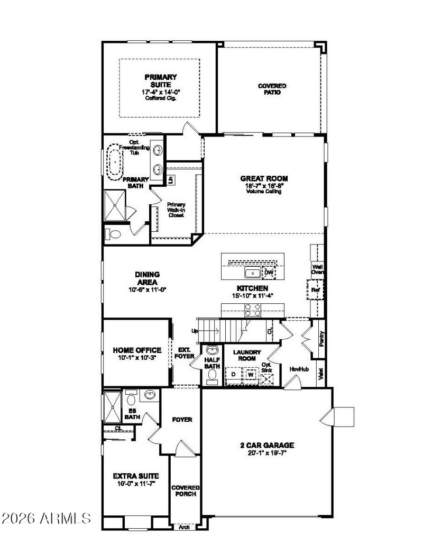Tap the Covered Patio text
(272, 89)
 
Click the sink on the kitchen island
(252, 273)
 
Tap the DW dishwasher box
(269, 273)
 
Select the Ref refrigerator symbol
(315, 290)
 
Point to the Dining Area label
(147, 278)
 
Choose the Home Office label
(137, 350)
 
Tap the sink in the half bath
(212, 350)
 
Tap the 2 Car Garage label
(267, 445)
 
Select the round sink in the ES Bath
(150, 395)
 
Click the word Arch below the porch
(185, 527)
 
